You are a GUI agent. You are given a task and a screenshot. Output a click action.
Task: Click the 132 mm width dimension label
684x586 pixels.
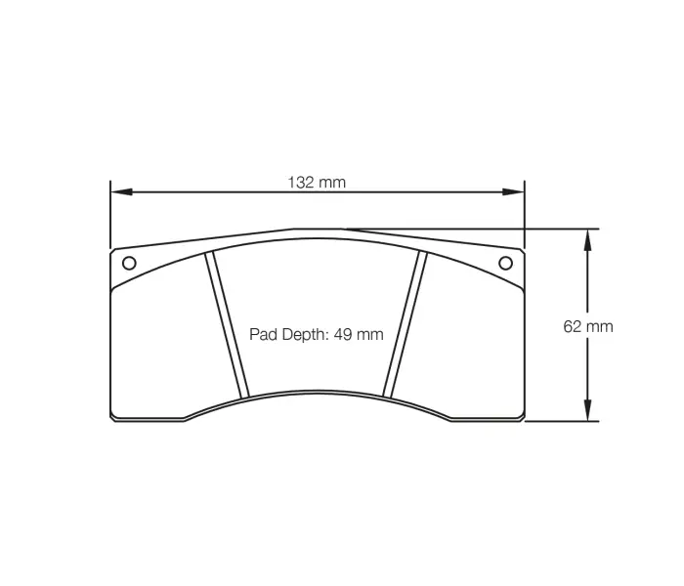coord(316,182)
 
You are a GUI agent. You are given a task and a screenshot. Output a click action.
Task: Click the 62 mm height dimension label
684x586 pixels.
coord(588,326)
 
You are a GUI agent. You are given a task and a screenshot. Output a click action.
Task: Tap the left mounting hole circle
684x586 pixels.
coord(128,262)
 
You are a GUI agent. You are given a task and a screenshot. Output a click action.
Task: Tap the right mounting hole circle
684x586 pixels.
coord(505,262)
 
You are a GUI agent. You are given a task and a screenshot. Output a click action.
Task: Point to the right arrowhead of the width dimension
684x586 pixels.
coord(517,192)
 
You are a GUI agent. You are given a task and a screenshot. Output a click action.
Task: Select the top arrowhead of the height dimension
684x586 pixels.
coord(588,238)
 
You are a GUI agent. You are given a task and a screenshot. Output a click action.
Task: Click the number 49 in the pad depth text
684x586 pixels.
coord(342,334)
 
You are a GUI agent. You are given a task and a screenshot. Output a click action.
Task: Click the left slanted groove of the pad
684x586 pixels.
coord(227,325)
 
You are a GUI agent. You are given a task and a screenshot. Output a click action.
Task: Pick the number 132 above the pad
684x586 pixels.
coord(302,182)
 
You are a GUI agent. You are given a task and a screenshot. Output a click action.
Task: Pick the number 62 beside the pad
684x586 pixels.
coord(574,326)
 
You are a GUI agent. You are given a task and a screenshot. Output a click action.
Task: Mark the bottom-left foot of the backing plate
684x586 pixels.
coord(147,418)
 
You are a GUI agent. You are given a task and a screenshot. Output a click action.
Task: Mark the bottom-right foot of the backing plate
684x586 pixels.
coord(487,418)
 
